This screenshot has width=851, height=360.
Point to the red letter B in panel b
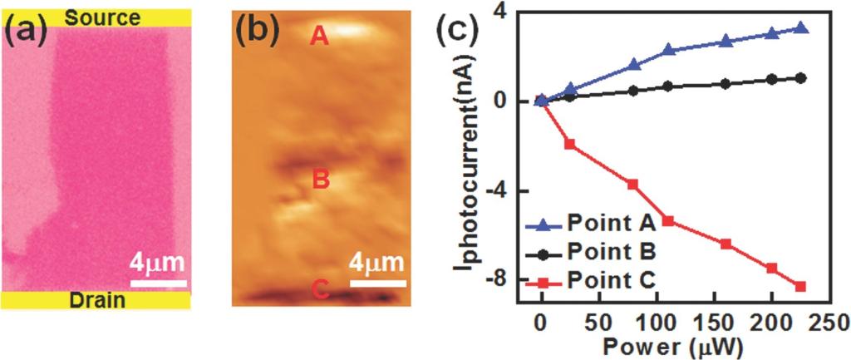pos(320,179)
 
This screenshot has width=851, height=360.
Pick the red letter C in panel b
pos(320,290)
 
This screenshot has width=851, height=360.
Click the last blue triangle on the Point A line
pos(800,28)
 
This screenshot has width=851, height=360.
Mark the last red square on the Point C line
pos(800,287)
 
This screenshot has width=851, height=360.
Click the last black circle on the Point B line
pos(800,78)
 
